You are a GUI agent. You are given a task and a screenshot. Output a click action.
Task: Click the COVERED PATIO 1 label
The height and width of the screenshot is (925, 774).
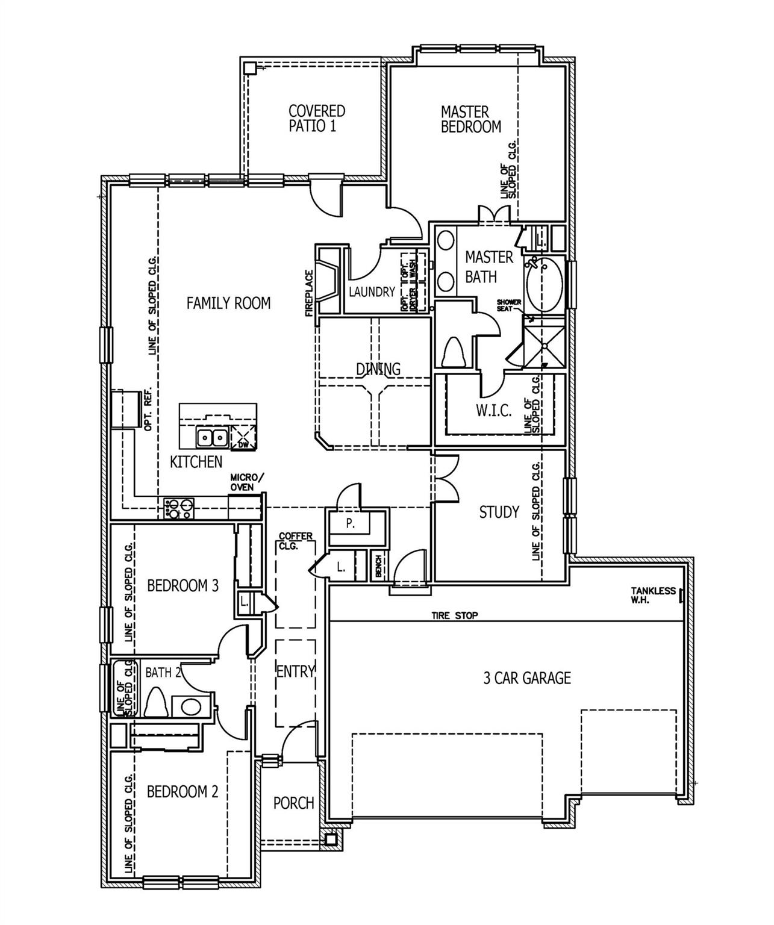pyautogui.click(x=316, y=119)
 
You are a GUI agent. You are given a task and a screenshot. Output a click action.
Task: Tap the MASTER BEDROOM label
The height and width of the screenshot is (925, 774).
pyautogui.click(x=470, y=119)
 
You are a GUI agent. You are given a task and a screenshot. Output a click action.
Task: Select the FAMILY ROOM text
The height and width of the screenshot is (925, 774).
pyautogui.click(x=228, y=303)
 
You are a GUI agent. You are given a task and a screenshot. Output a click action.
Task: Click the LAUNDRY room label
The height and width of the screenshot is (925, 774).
pyautogui.click(x=372, y=292)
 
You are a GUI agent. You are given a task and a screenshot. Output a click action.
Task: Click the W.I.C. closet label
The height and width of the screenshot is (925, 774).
pyautogui.click(x=493, y=411)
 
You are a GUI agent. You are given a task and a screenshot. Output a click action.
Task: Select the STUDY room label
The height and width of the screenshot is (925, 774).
pyautogui.click(x=499, y=512)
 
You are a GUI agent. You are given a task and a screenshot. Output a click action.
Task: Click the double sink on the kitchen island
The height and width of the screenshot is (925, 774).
pyautogui.click(x=211, y=437)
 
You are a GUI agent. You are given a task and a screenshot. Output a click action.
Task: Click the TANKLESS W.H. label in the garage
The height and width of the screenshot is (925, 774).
pyautogui.click(x=653, y=595)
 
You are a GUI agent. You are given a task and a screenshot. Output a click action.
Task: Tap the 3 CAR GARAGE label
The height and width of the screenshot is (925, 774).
pyautogui.click(x=526, y=678)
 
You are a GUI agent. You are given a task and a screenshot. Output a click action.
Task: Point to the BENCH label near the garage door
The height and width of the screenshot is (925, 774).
pyautogui.click(x=378, y=567)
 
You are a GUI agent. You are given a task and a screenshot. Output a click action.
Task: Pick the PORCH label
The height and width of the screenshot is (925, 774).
pyautogui.click(x=293, y=803)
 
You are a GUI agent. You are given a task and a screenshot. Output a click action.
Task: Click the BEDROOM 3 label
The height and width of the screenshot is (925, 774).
pyautogui.click(x=183, y=585)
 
